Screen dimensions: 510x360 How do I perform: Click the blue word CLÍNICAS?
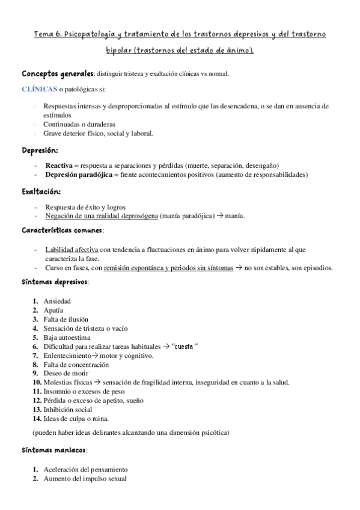40,89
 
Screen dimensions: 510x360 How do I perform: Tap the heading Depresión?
40,150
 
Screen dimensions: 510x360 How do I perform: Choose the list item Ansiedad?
57,301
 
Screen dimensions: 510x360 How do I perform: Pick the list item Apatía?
53,310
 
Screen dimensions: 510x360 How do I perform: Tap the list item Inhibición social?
68,410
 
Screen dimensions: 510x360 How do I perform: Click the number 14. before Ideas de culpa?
37,419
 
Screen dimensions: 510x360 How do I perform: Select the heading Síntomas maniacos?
53,449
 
